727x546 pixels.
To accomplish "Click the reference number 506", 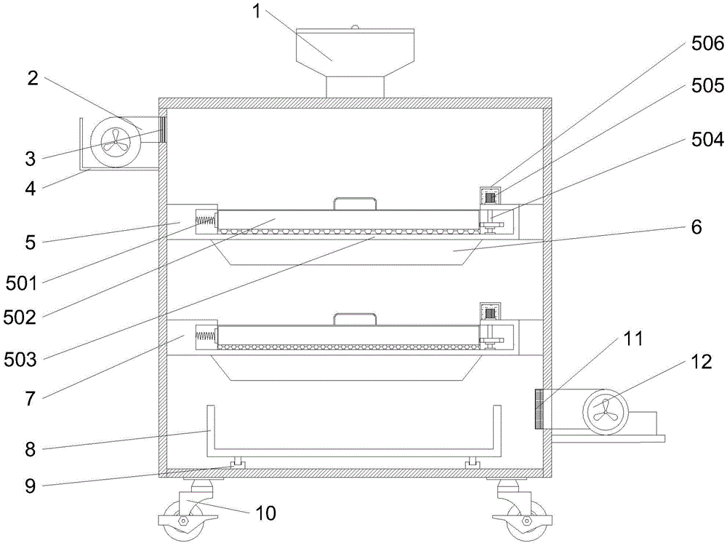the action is [707, 44].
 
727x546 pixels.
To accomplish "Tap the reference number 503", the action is [20, 360].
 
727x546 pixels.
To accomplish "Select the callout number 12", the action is [701, 362].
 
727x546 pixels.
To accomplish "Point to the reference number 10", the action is [265, 513].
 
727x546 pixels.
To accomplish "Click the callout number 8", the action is [30, 449].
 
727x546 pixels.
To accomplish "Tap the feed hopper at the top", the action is [355, 63].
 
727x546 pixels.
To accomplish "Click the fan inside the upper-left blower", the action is [116, 141].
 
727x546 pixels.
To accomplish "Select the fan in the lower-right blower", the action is [606, 411].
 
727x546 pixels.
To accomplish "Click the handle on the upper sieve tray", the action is [355, 203].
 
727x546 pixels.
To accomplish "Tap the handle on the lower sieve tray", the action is [355, 319].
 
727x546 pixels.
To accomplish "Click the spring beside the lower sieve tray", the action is [206, 336].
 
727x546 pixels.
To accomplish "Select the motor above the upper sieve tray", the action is [490, 197].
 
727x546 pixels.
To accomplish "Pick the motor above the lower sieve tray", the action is [490, 312].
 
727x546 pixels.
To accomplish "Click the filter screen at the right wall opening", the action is [539, 409].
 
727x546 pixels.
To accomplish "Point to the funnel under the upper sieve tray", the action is [346, 252].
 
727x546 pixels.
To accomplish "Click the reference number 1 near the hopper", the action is [257, 11].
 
